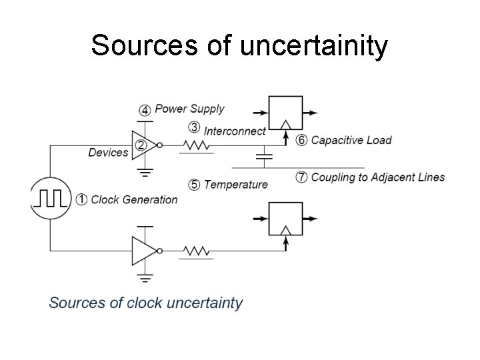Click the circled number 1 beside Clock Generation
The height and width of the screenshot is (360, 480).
[x=81, y=199]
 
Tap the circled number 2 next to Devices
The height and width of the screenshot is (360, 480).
[x=141, y=145]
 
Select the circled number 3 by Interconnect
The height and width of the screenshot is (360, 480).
[x=194, y=127]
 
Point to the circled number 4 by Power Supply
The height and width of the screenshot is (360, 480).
[x=145, y=109]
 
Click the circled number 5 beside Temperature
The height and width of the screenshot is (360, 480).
[x=194, y=185]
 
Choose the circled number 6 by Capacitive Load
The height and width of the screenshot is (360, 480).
[x=301, y=140]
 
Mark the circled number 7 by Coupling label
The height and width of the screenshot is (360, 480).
[x=301, y=177]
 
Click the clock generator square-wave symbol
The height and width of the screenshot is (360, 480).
[x=50, y=199]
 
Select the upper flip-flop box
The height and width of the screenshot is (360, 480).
[x=285, y=113]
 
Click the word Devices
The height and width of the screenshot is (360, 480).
[x=108, y=153]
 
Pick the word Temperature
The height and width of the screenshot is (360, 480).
[x=236, y=185]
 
